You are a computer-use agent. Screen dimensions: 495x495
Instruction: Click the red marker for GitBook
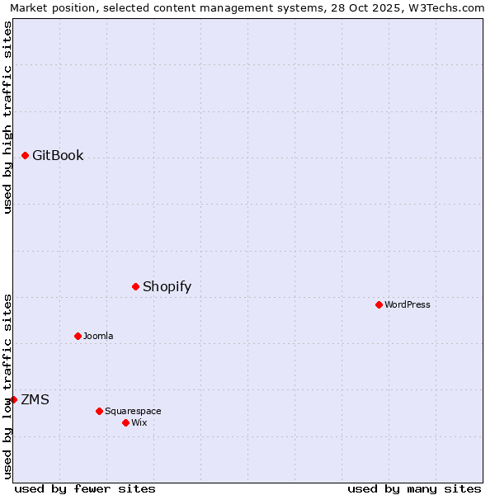click(26, 155)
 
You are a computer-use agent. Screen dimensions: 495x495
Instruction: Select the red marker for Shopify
click(136, 286)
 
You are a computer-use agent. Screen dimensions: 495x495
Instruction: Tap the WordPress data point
click(379, 304)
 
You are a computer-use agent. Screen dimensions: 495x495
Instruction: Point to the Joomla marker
click(78, 336)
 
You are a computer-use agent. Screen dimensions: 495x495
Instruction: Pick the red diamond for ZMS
click(13, 399)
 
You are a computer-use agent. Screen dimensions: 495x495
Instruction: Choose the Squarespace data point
click(99, 411)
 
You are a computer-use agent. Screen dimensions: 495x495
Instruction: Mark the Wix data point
click(125, 422)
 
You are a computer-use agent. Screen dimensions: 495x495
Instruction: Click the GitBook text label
click(58, 155)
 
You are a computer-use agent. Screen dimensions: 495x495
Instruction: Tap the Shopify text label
click(167, 286)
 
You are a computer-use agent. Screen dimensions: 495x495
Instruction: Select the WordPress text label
click(408, 304)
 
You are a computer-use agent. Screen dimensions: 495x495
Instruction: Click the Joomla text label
click(98, 336)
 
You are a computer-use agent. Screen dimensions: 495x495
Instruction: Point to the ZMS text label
click(35, 399)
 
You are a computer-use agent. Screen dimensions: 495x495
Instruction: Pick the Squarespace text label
click(133, 411)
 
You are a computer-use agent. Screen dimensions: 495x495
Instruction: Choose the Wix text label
click(139, 422)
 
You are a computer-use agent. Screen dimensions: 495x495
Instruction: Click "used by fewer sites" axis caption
click(85, 488)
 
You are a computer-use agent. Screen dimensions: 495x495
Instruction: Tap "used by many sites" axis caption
click(414, 488)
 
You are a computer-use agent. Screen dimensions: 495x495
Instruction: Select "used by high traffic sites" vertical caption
click(7, 117)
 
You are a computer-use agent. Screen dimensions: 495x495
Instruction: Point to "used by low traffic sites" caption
click(7, 385)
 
